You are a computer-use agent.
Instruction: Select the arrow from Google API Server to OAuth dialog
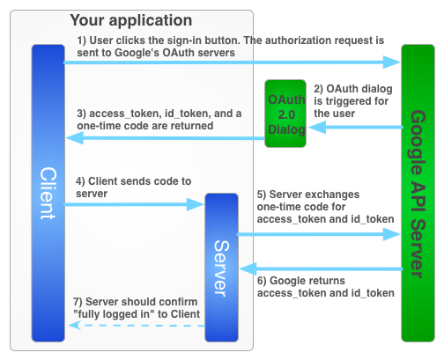click(351, 127)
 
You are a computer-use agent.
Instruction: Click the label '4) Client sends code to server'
click(132, 187)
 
